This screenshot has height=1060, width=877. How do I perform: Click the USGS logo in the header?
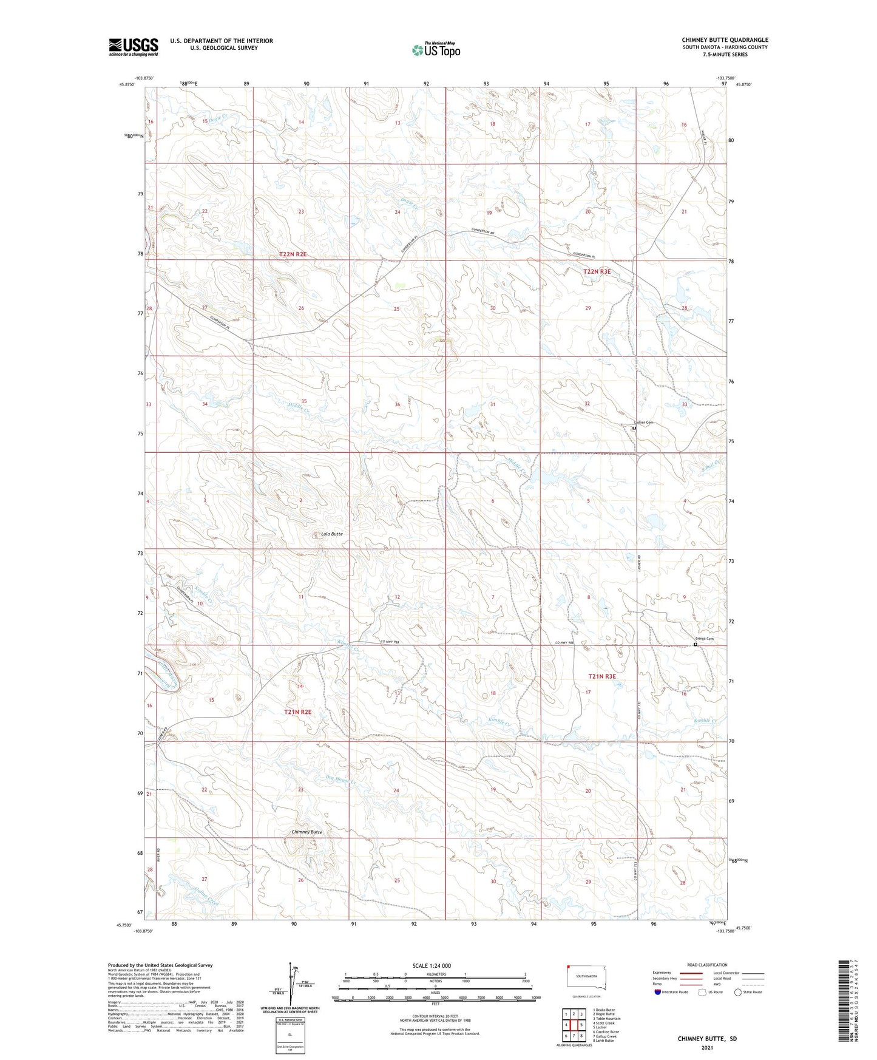click(133, 47)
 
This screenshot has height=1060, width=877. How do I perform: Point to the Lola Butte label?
click(331, 534)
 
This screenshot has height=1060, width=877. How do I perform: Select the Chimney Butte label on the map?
click(307, 832)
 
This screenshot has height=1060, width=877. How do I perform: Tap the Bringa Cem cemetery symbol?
click(695, 645)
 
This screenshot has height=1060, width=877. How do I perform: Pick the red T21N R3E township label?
click(601, 676)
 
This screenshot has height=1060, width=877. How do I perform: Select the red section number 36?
click(398, 405)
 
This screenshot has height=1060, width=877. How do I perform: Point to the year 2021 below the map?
click(707, 1047)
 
